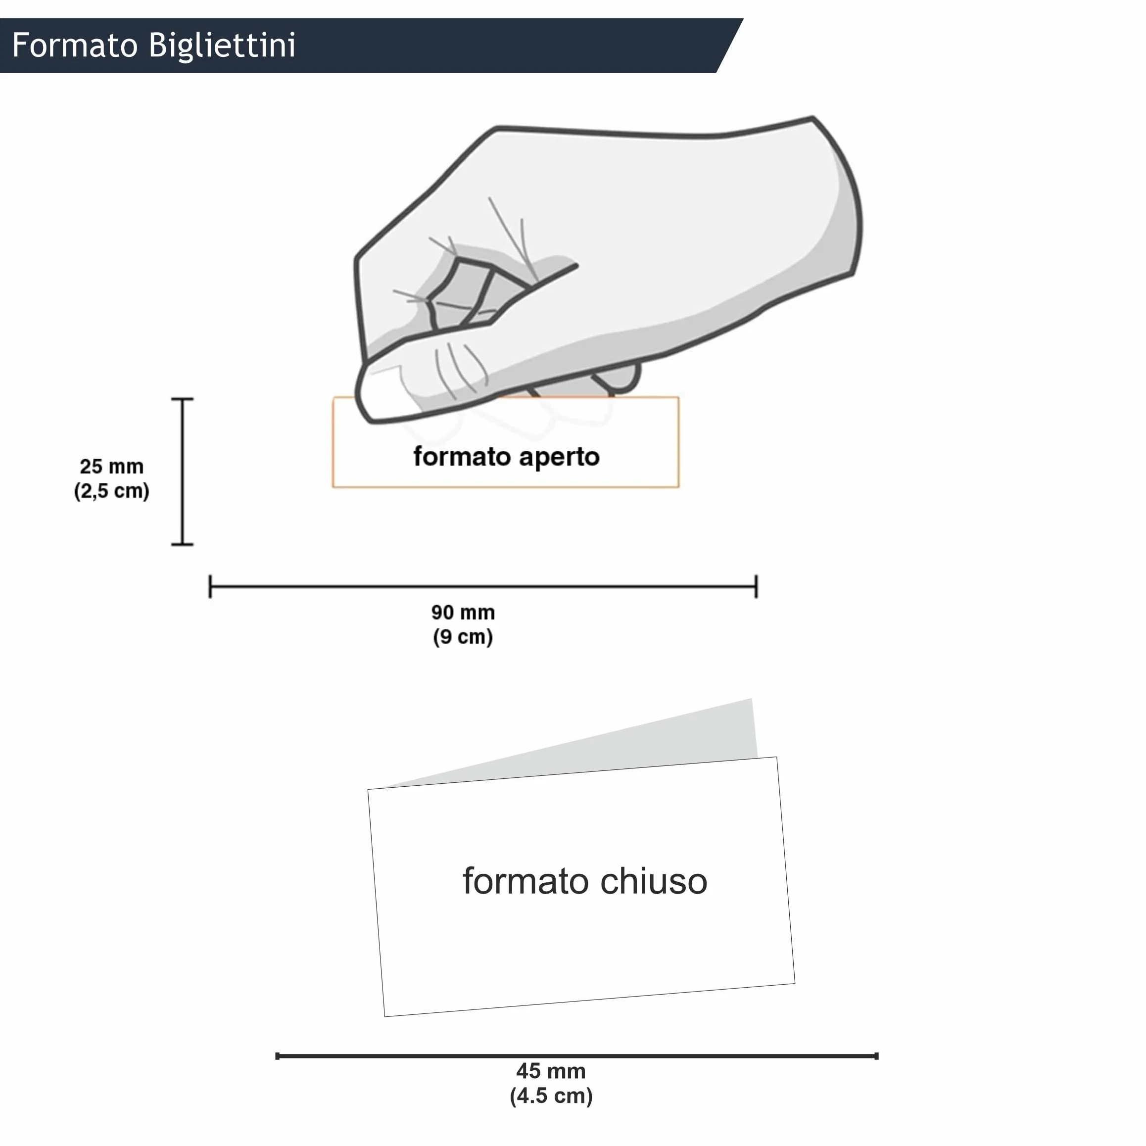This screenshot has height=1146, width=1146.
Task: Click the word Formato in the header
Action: point(75,45)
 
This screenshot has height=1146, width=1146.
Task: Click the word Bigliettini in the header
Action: point(223,45)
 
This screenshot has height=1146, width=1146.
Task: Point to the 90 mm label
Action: point(463,613)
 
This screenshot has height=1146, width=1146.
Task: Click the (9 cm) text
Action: point(463,637)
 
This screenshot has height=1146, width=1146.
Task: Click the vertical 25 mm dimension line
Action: point(183,472)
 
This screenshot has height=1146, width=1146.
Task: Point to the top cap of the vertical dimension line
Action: point(183,399)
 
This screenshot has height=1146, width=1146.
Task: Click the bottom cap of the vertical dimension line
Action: point(183,544)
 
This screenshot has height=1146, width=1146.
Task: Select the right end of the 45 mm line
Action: point(877,1056)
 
